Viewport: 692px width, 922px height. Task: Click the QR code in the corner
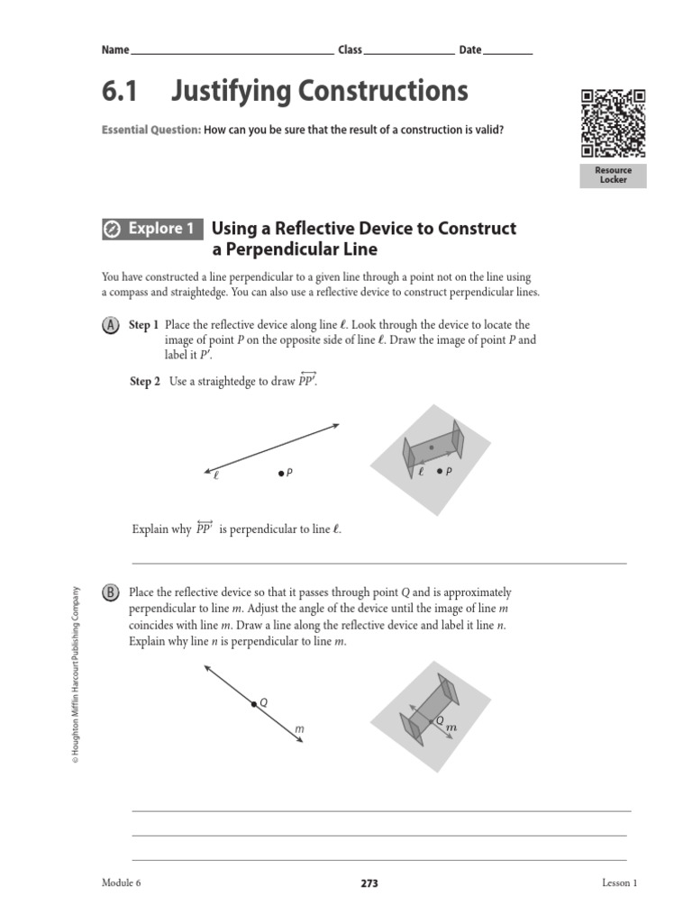click(613, 123)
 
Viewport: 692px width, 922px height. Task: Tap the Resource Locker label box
click(613, 175)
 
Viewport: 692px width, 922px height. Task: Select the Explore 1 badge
click(152, 229)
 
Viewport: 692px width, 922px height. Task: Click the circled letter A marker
click(111, 325)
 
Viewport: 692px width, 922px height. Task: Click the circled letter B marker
click(111, 592)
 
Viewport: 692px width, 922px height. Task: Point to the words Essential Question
click(151, 131)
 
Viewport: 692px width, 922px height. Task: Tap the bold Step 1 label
click(144, 325)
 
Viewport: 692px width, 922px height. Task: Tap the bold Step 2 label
click(144, 382)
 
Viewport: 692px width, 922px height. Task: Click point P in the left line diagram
click(281, 473)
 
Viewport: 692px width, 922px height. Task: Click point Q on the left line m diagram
click(254, 703)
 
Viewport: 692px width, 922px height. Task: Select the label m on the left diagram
click(298, 729)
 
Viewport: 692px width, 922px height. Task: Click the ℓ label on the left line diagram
click(216, 477)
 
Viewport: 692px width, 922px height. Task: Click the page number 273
click(369, 884)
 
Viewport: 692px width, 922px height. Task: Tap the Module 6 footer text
click(122, 883)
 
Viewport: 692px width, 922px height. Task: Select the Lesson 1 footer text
click(619, 883)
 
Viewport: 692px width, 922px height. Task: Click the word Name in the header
click(115, 50)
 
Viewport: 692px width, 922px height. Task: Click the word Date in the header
click(470, 50)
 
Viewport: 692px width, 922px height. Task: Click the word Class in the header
click(350, 50)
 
